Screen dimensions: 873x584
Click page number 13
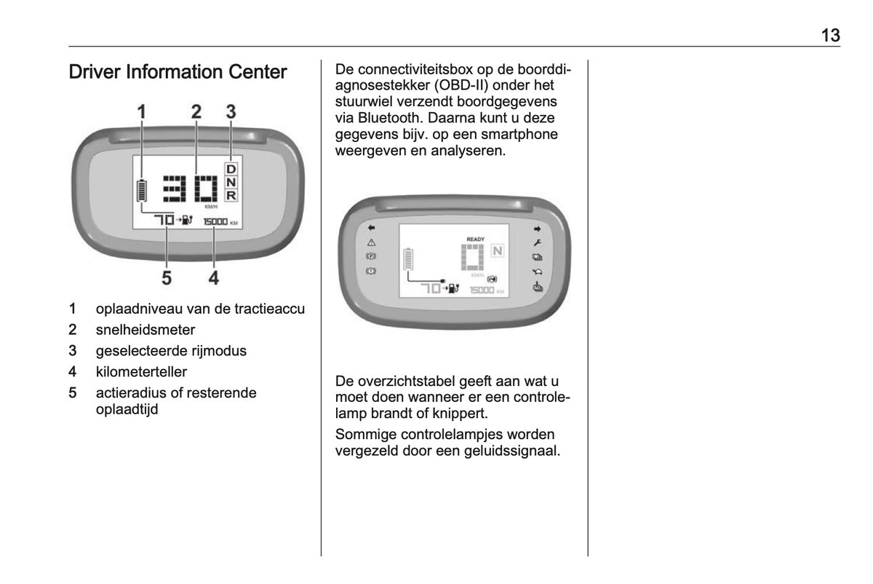831,35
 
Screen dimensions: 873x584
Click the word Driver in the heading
95,72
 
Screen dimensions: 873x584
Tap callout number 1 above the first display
141,112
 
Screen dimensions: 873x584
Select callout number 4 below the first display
214,278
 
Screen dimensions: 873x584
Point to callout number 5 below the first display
167,278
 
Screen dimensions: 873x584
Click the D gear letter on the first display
231,169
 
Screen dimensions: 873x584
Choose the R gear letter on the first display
231,195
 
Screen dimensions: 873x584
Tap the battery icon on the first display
142,190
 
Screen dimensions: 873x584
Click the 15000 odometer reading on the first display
215,221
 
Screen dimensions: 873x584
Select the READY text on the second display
476,239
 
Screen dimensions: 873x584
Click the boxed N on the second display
498,250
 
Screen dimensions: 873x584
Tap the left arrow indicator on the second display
372,227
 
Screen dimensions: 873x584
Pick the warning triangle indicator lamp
372,242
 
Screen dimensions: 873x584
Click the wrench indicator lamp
537,242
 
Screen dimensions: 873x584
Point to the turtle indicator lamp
538,272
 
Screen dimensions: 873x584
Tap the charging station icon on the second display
454,288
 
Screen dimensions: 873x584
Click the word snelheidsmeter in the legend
145,330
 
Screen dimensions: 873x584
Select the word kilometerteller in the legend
141,372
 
